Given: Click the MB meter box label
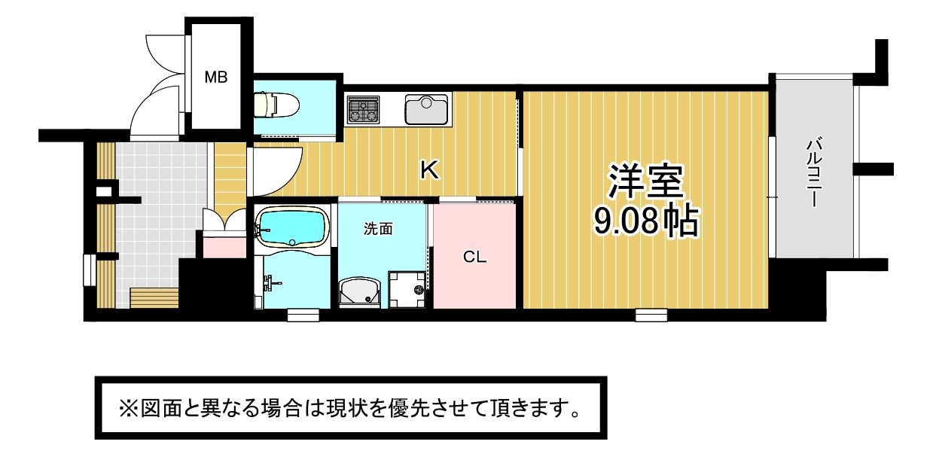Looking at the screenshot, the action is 216,77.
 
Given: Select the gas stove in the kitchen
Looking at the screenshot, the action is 363,110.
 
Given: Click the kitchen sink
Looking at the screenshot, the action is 427,109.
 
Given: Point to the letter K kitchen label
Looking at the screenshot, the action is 429,170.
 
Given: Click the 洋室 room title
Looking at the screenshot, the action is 645,181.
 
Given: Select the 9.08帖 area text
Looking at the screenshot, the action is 645,221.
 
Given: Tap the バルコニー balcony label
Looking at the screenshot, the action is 814,172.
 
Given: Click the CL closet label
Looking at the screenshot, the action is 475,257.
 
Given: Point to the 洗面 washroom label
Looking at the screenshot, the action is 378,229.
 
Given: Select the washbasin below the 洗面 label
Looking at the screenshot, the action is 359,293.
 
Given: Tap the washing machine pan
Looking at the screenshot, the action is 407,290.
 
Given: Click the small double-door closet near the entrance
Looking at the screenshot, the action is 224,220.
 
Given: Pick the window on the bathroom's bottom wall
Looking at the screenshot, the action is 303,315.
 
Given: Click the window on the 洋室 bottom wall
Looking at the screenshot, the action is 651,315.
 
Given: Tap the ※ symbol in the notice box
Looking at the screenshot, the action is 129,408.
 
